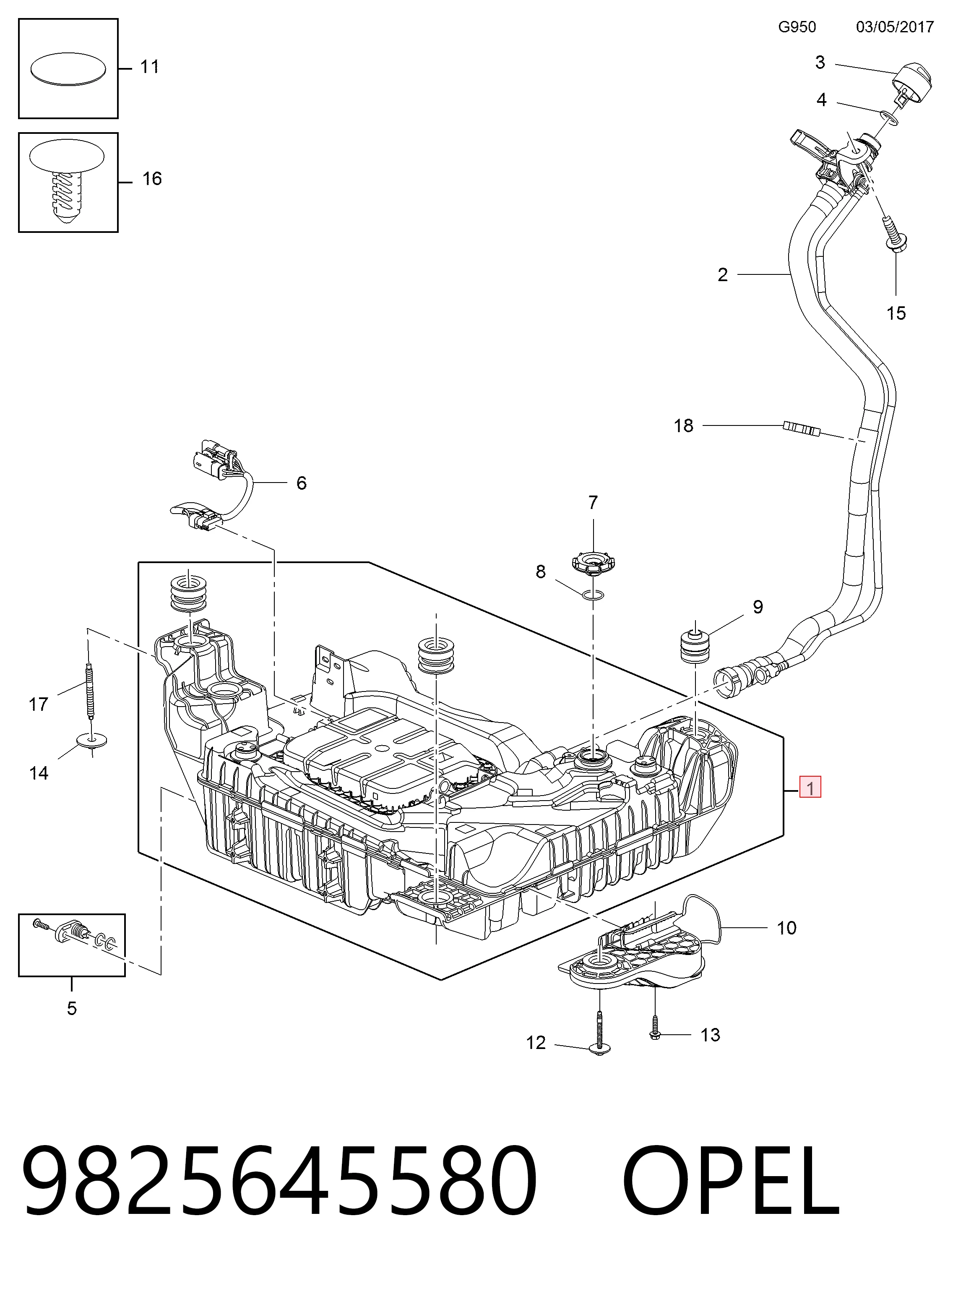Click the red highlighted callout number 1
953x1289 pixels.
810,788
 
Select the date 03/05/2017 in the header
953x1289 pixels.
895,27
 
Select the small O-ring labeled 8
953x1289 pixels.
594,595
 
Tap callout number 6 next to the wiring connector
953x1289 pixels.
301,483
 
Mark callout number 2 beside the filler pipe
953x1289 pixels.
722,275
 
